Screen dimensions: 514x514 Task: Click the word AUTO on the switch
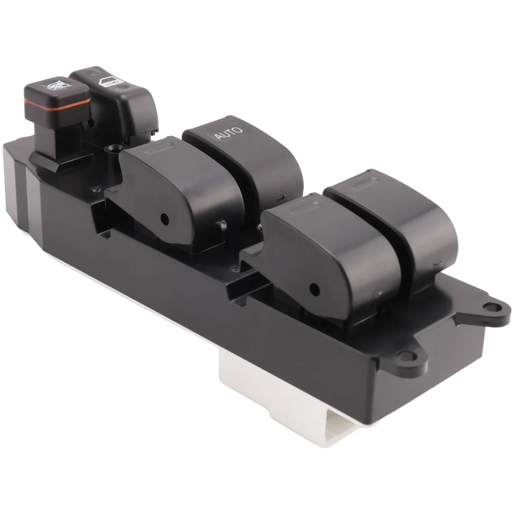[228, 133]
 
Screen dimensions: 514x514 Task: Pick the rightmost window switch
[398, 223]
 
